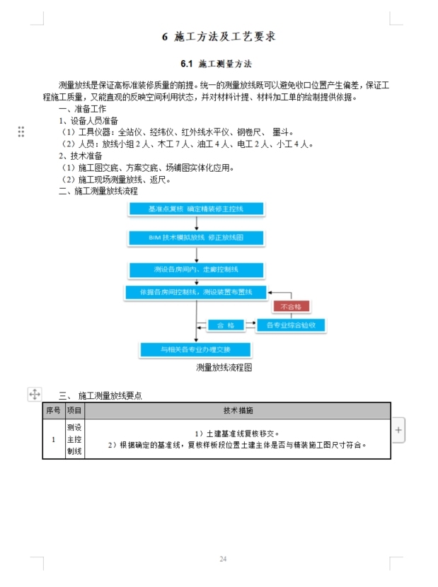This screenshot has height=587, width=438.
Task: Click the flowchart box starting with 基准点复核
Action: pos(195,209)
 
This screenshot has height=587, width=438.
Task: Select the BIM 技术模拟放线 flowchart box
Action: pos(195,238)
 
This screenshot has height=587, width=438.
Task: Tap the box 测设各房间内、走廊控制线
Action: pos(195,269)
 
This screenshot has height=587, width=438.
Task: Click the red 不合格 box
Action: pos(291,307)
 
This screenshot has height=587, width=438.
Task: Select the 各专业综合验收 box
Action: pos(291,325)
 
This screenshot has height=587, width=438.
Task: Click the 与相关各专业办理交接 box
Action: pos(195,349)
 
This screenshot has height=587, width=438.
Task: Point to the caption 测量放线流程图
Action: pos(224,368)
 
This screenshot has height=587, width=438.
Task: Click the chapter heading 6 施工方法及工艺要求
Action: pos(219,37)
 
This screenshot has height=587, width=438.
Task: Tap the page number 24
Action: pos(222,559)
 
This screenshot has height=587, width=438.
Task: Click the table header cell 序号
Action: pos(53,411)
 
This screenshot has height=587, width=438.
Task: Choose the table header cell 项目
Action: pos(74,411)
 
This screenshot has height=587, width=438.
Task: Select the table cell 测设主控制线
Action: pos(74,439)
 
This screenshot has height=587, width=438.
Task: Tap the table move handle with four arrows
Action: pos(34,394)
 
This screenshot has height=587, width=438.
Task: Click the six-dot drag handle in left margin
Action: pos(21,132)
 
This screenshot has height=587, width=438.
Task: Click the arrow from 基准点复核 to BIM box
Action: pos(196,223)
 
